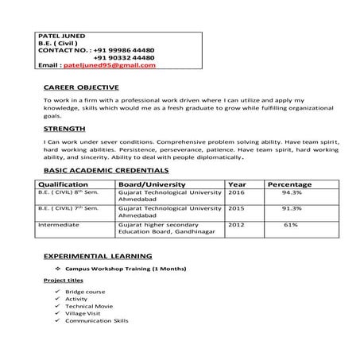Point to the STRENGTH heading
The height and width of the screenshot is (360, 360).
point(65,128)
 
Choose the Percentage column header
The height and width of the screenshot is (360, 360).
point(289,184)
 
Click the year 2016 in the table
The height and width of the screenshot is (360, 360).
point(236,192)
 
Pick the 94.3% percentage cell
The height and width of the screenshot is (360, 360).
point(292,192)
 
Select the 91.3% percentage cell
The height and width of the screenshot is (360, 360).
point(292,208)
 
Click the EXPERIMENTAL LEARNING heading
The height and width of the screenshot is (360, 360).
point(97,257)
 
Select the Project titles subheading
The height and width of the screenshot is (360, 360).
point(63,281)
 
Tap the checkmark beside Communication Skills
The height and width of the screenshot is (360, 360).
point(57,321)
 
